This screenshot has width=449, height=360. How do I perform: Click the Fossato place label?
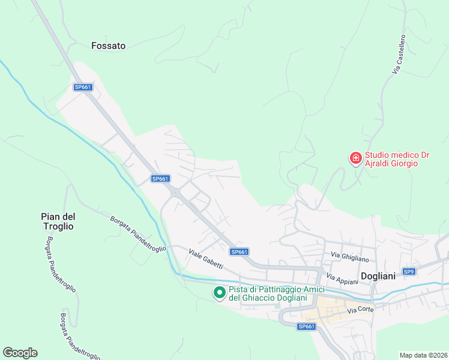point(109,45)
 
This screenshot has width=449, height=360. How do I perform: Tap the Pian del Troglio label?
point(58,221)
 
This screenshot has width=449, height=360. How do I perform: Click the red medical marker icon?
point(355,158)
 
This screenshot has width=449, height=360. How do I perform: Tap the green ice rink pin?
point(220,292)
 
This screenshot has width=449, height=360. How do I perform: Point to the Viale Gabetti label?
point(206,259)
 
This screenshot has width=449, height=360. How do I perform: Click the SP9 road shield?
point(409,272)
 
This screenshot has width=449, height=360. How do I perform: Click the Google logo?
point(20,353)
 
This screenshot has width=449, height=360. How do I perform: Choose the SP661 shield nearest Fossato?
point(83,87)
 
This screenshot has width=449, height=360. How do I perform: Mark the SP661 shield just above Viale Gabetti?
point(239,252)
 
